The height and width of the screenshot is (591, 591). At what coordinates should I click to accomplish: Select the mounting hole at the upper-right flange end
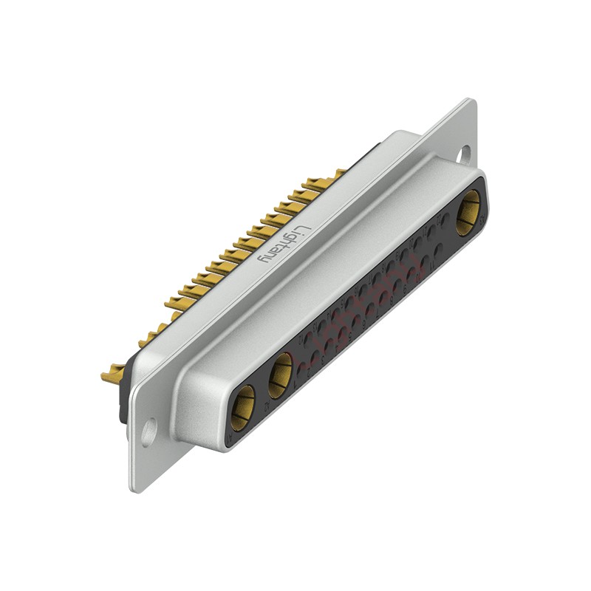click(465, 154)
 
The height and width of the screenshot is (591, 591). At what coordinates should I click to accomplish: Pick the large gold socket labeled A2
click(281, 376)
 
